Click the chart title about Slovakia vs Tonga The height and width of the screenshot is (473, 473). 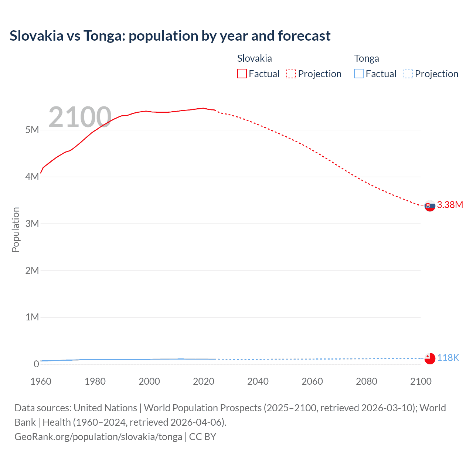[x=170, y=36]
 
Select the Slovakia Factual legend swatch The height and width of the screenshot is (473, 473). [x=242, y=74]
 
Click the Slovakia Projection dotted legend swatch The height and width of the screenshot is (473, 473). [x=291, y=74]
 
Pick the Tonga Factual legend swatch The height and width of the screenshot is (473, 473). [x=359, y=74]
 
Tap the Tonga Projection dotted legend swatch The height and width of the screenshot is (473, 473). [x=408, y=74]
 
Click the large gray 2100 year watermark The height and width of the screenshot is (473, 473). [x=80, y=117]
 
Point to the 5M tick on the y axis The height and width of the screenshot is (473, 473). [x=32, y=130]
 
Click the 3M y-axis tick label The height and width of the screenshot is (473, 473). [x=32, y=224]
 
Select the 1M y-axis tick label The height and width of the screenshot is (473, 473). [x=32, y=317]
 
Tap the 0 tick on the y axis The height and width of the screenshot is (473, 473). [x=36, y=364]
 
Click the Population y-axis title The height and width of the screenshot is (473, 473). [x=16, y=229]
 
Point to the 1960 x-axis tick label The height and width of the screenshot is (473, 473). [x=41, y=381]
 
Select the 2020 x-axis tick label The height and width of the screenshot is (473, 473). [x=204, y=381]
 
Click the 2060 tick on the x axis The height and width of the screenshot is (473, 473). [x=312, y=381]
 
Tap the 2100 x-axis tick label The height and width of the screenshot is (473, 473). [x=421, y=381]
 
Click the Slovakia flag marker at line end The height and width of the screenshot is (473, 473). [x=430, y=206]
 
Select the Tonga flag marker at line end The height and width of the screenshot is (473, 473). [x=430, y=358]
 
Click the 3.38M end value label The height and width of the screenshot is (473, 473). [x=450, y=205]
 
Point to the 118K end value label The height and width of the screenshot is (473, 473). [x=448, y=358]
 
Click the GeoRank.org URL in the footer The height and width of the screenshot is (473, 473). [x=98, y=437]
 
